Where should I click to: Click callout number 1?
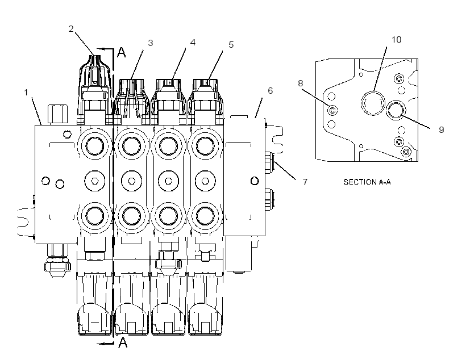pyautogui.click(x=26, y=93)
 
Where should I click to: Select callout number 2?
pyautogui.click(x=71, y=29)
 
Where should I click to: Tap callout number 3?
pyautogui.click(x=151, y=43)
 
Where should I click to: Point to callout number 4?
pyautogui.click(x=193, y=43)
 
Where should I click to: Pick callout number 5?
pyautogui.click(x=231, y=44)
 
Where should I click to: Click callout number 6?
pyautogui.click(x=270, y=91)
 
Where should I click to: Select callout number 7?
pyautogui.click(x=305, y=182)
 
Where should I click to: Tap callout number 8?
pyautogui.click(x=301, y=83)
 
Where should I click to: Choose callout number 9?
pyautogui.click(x=442, y=129)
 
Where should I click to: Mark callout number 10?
pyautogui.click(x=397, y=40)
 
